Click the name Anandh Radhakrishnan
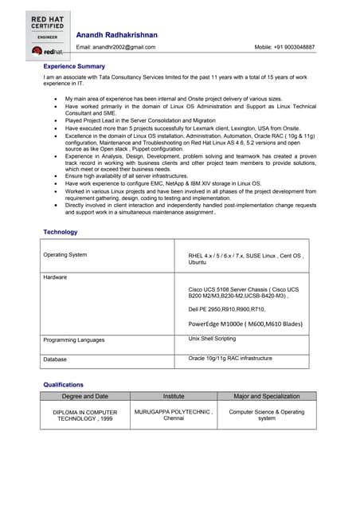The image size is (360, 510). [x=116, y=35]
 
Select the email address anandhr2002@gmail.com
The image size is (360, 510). [x=116, y=47]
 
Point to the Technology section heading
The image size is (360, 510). [x=61, y=232]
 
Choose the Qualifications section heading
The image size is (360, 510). [x=63, y=385]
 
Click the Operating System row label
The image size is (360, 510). [x=65, y=255]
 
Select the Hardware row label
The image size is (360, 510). [x=56, y=277]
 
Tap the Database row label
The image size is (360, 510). [x=56, y=359]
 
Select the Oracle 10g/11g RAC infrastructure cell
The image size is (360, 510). [x=230, y=359]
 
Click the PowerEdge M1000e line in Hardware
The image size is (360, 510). [x=245, y=324]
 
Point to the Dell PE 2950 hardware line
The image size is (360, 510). [x=227, y=308]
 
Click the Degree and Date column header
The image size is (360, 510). [x=85, y=396]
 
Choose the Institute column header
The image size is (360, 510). [x=174, y=396]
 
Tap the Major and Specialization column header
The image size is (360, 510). [x=267, y=396]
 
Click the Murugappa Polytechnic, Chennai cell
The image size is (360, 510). [x=174, y=415]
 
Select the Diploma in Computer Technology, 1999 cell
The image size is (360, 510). [x=85, y=415]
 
